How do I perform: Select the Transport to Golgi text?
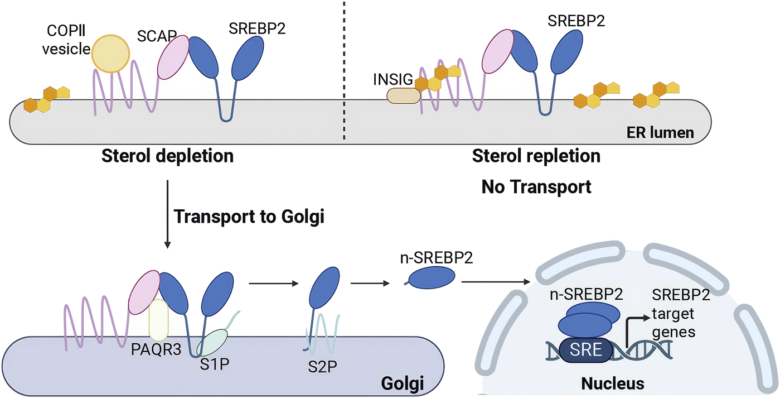tap(249, 217)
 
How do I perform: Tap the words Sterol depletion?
tap(167, 156)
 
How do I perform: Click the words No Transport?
tap(536, 187)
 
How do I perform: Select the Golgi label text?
tap(402, 384)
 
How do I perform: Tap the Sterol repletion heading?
tap(536, 156)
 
